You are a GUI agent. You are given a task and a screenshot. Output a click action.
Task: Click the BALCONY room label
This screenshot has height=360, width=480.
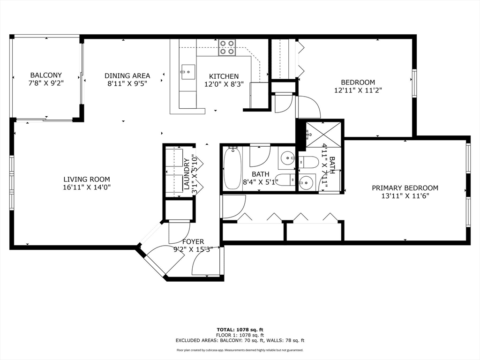(x=46, y=75)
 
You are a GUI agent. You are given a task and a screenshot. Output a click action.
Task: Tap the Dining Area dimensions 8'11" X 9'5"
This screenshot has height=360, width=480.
(x=127, y=83)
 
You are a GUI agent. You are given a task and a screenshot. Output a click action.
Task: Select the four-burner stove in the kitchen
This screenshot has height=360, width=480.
(x=227, y=48)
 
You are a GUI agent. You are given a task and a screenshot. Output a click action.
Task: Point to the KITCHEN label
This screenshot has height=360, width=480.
(x=224, y=76)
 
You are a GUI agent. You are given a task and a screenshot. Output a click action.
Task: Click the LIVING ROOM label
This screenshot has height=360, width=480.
(x=87, y=180)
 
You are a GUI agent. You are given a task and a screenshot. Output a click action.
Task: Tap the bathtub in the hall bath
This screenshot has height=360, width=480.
(x=232, y=168)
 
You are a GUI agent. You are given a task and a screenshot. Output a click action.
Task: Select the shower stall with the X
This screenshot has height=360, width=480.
(x=323, y=134)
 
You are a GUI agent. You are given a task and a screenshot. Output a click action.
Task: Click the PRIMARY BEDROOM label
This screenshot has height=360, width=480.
(x=405, y=188)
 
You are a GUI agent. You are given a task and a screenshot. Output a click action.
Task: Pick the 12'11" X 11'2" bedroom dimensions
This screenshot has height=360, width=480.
(x=358, y=90)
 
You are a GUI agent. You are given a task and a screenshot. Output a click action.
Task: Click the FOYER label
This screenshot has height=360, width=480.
(x=193, y=242)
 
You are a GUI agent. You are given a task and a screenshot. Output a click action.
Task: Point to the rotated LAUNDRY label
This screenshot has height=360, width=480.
(x=186, y=174)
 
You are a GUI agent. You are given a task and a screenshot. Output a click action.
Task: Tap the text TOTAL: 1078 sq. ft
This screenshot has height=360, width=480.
(x=240, y=330)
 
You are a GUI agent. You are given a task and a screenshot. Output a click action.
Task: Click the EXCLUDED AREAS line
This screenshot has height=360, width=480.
(x=240, y=340)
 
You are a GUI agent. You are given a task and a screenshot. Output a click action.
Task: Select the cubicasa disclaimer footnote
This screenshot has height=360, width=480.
(x=240, y=350)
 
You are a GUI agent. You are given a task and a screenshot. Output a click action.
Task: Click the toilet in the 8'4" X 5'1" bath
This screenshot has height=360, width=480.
(x=285, y=179)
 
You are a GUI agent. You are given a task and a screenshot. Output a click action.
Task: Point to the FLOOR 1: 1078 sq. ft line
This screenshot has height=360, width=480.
(x=240, y=335)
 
